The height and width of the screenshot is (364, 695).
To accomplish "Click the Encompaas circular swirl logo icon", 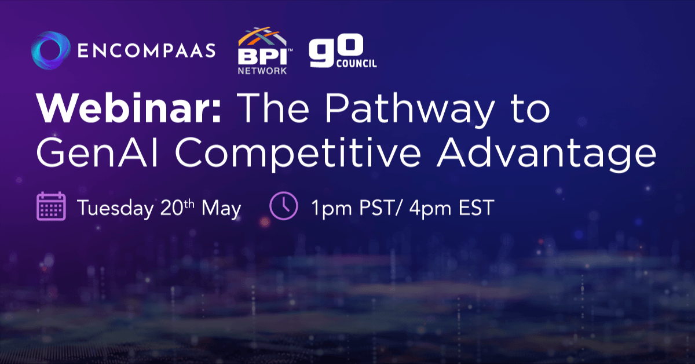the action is pyautogui.click(x=50, y=50).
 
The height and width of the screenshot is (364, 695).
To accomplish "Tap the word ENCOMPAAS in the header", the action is pyautogui.click(x=147, y=50).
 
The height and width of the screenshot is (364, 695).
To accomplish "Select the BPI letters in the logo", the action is pyautogui.click(x=262, y=56).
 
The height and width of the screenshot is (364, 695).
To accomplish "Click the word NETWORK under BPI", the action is pyautogui.click(x=262, y=71).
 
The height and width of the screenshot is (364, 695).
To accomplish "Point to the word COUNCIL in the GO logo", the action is pyautogui.click(x=357, y=64).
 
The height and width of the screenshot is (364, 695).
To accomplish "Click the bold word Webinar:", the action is pyautogui.click(x=129, y=107).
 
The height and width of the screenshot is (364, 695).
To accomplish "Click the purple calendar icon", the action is pyautogui.click(x=51, y=206).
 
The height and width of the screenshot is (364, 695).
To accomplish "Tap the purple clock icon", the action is pyautogui.click(x=284, y=206).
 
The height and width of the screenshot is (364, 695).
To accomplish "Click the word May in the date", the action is pyautogui.click(x=221, y=209).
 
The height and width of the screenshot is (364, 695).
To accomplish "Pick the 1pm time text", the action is pyautogui.click(x=332, y=209).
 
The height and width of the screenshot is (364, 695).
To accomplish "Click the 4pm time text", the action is pyautogui.click(x=430, y=209).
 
